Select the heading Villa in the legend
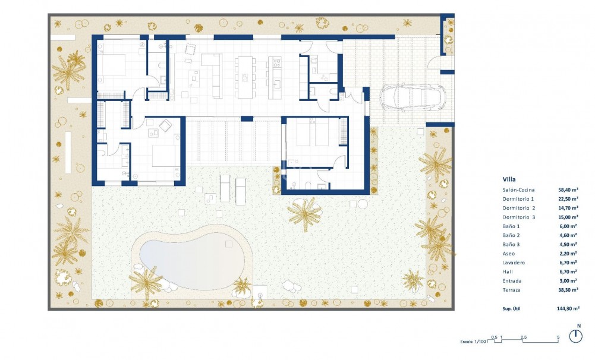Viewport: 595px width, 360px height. pyautogui.click(x=509, y=178)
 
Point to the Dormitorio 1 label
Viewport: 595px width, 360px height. pyautogui.click(x=518, y=198)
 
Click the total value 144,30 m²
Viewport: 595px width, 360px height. pyautogui.click(x=568, y=309)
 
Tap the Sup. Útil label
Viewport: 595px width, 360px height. pyautogui.click(x=512, y=309)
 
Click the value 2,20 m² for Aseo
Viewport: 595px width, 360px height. pyautogui.click(x=568, y=253)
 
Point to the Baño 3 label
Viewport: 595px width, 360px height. pyautogui.click(x=512, y=244)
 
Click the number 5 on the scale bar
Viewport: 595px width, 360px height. pyautogui.click(x=558, y=337)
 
